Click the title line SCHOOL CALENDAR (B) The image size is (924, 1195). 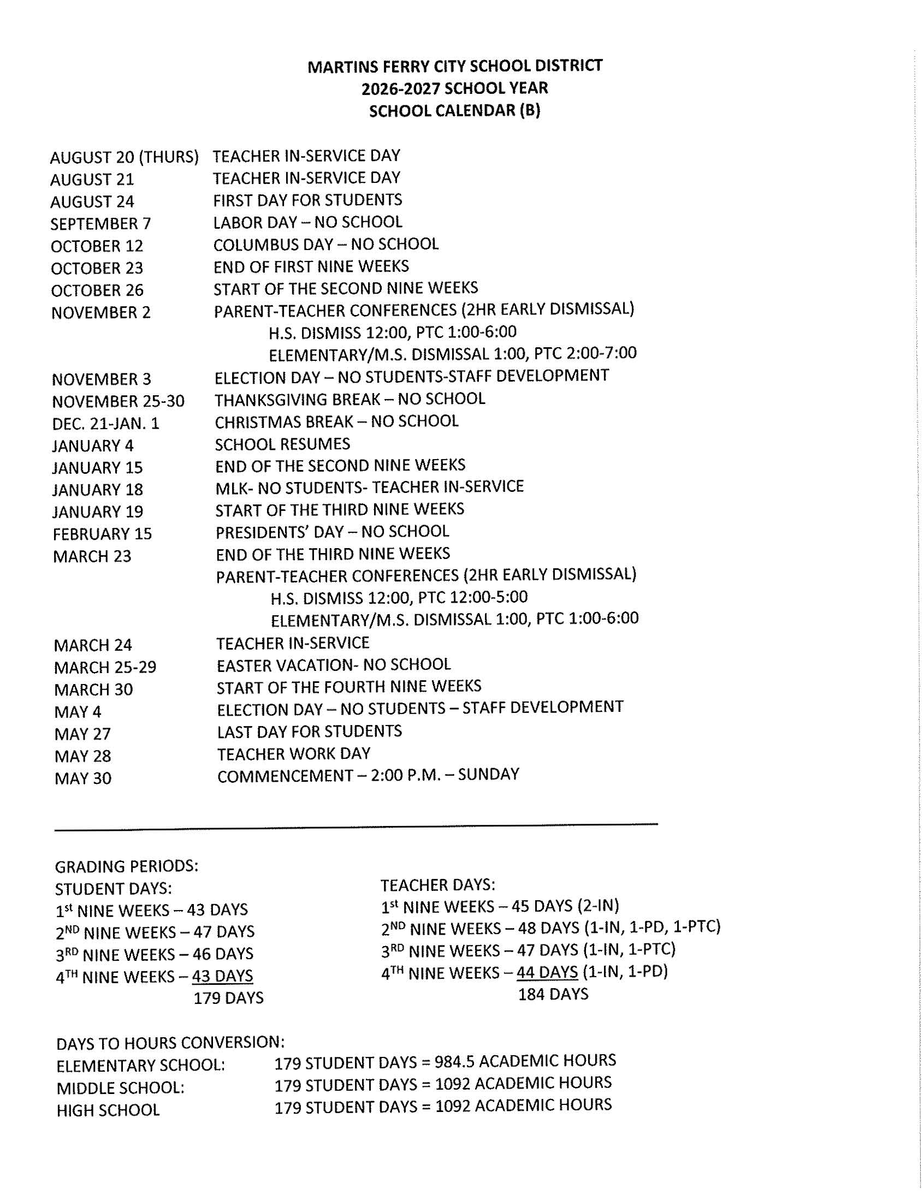454,111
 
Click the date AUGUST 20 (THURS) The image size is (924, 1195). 125,158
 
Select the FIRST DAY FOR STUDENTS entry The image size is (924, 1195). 307,200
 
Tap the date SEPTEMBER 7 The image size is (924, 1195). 100,224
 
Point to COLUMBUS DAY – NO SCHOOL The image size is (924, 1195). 325,244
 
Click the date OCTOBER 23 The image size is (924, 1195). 97,268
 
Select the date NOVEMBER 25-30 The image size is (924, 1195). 119,402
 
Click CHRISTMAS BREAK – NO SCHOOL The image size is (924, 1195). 336,421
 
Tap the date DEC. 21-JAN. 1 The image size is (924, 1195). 105,424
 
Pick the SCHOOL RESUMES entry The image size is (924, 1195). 282,444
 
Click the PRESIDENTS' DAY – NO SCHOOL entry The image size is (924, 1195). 331,531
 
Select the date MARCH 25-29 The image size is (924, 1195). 105,667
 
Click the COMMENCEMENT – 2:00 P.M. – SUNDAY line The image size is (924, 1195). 368,775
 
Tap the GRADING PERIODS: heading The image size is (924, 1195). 127,866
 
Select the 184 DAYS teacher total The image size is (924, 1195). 553,994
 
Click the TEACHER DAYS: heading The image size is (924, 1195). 437,885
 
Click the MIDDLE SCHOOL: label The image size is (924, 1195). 121,1088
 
